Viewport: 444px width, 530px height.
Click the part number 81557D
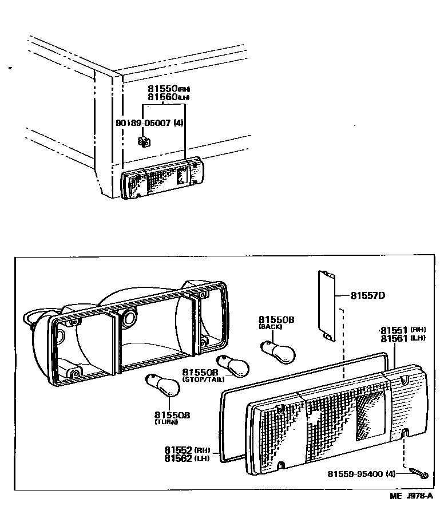[367, 296]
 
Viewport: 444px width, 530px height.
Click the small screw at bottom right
[419, 473]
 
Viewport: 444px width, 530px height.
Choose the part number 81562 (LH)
[179, 458]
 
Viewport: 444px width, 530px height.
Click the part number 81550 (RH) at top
[162, 89]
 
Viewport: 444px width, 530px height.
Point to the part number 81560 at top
[162, 97]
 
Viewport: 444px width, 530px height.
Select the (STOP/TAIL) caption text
[204, 379]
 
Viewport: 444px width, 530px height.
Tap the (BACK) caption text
[271, 327]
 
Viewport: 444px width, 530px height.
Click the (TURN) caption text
[166, 422]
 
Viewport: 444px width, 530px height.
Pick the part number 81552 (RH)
[179, 450]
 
